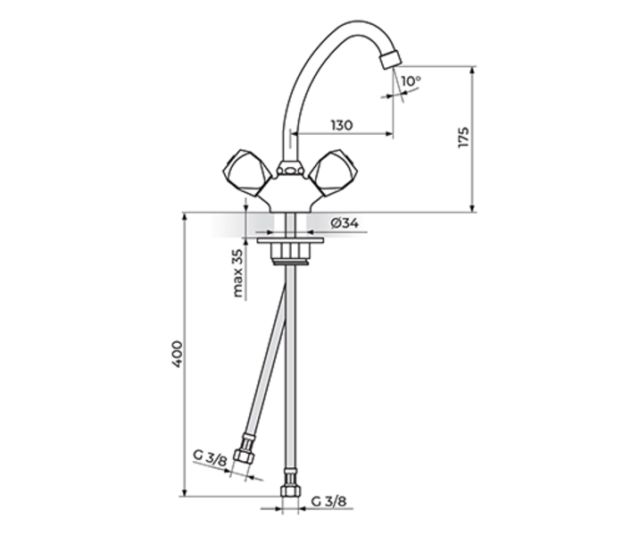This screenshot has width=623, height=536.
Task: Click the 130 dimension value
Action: (340, 126)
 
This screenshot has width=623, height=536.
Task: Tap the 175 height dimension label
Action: (463, 138)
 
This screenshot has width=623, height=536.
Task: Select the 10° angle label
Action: (410, 81)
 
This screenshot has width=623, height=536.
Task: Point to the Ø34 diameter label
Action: (343, 223)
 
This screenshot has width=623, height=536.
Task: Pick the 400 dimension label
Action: (178, 355)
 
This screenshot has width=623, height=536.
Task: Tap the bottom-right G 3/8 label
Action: (329, 503)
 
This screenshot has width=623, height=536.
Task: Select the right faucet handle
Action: (329, 172)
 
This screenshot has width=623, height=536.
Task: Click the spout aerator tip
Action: (389, 60)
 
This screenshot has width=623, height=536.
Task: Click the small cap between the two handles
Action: (287, 167)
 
